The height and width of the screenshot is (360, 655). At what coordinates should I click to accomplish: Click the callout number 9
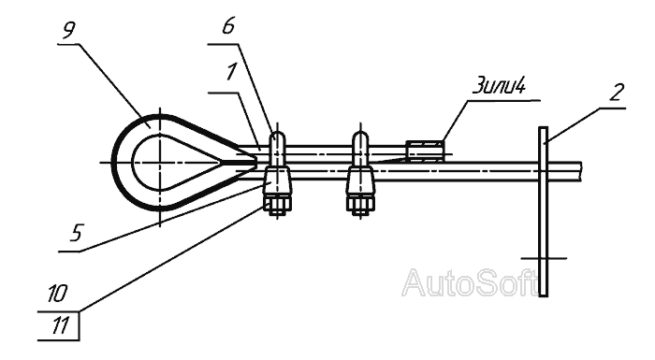click(69, 31)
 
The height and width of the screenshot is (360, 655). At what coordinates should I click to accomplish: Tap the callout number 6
click(228, 26)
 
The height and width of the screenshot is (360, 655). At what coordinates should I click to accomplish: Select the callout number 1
click(231, 72)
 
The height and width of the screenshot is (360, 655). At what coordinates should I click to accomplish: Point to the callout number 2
click(617, 92)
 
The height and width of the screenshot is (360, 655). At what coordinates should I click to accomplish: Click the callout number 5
click(77, 233)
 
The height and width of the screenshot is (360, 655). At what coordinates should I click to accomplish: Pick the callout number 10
click(57, 294)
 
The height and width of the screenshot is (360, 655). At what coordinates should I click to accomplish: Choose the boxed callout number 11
click(59, 326)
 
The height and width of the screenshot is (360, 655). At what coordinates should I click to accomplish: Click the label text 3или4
click(499, 86)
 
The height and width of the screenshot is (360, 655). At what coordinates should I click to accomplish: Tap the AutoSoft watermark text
click(470, 282)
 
